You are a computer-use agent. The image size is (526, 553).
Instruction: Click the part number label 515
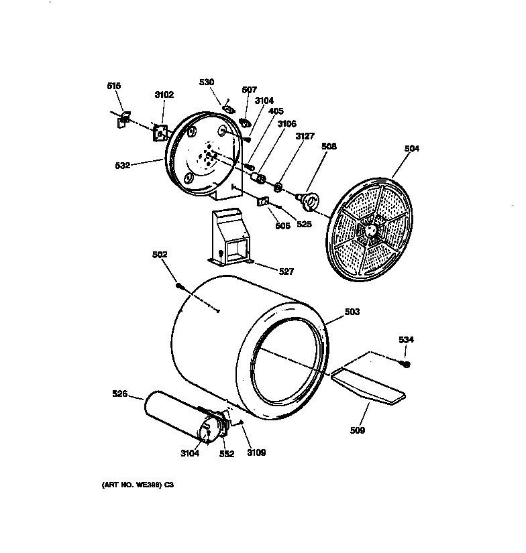114,86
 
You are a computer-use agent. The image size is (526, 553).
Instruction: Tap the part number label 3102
164,95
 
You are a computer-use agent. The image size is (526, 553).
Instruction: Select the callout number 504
411,149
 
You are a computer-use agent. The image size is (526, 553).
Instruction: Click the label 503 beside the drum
352,312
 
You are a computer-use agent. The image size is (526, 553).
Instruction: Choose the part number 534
406,340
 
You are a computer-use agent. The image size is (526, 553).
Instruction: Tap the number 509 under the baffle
358,430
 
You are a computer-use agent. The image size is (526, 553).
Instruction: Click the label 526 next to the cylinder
119,394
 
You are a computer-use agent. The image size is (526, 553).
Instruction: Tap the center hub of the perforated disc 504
367,230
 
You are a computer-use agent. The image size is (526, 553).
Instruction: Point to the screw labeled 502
180,286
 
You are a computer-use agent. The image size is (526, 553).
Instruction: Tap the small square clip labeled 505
263,201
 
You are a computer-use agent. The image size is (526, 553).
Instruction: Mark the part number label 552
226,454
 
